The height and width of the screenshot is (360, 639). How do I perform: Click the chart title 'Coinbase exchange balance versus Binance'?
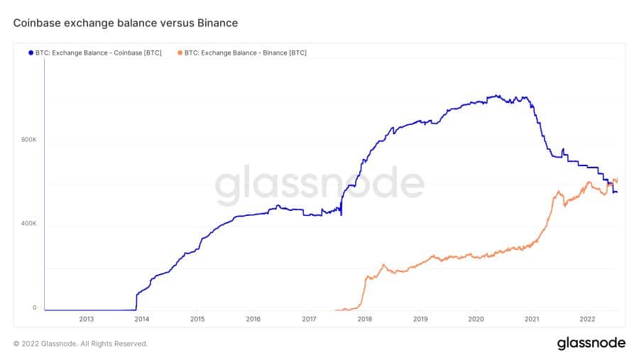pyautogui.click(x=126, y=23)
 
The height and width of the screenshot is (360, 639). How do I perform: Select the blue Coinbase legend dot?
pyautogui.click(x=31, y=53)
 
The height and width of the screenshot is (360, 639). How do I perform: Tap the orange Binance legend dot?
pyautogui.click(x=180, y=53)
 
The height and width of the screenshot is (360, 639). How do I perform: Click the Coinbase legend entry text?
pyautogui.click(x=102, y=53)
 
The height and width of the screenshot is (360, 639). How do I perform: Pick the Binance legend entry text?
pyautogui.click(x=246, y=53)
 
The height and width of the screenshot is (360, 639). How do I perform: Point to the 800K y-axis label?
pyautogui.click(x=28, y=140)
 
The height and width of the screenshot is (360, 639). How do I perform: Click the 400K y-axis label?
pyautogui.click(x=28, y=224)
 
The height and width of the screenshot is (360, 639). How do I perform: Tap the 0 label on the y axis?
pyautogui.click(x=33, y=308)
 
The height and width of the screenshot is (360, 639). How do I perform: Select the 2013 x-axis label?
pyautogui.click(x=86, y=320)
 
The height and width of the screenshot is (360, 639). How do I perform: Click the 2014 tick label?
pyautogui.click(x=141, y=320)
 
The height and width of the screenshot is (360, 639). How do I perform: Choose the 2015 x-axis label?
pyautogui.click(x=197, y=320)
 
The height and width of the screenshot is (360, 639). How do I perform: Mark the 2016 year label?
pyautogui.click(x=253, y=320)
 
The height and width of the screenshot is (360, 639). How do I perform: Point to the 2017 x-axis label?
pyautogui.click(x=309, y=320)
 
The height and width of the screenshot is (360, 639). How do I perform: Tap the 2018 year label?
pyautogui.click(x=364, y=320)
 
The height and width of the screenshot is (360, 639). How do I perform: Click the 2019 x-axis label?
pyautogui.click(x=420, y=320)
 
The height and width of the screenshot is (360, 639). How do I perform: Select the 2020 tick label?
pyautogui.click(x=476, y=320)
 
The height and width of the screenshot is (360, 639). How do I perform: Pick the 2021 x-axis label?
pyautogui.click(x=532, y=320)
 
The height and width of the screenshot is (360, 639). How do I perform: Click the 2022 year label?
pyautogui.click(x=587, y=320)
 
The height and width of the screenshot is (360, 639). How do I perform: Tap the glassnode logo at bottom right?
pyautogui.click(x=591, y=344)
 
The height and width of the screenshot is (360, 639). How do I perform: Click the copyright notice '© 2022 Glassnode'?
pyautogui.click(x=80, y=344)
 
